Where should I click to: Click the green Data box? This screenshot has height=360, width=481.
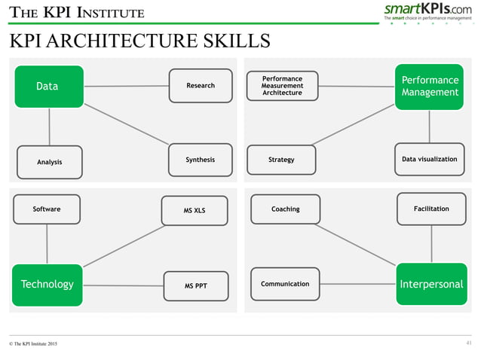[x=48, y=87]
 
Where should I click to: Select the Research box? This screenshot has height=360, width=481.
[x=200, y=86]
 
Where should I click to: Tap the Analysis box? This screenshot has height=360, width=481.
[x=49, y=162]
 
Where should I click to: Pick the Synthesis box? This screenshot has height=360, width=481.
[x=200, y=160]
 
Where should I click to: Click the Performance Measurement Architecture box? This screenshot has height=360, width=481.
[x=283, y=86]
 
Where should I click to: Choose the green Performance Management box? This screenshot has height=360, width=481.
[x=429, y=87]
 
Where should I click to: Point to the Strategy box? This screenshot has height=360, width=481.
[x=281, y=160]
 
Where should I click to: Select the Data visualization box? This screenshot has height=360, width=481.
[x=429, y=160]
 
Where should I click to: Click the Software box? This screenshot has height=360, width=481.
[x=47, y=209]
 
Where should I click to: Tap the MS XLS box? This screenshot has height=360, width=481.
[x=195, y=211]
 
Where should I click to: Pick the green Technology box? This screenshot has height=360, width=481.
[x=47, y=285]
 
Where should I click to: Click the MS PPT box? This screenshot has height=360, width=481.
[x=195, y=286]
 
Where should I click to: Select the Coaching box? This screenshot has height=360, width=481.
[x=285, y=209]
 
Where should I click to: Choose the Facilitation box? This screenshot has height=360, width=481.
[x=431, y=209]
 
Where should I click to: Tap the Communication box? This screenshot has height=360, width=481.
[x=285, y=284]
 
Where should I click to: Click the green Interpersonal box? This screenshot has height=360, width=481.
[x=431, y=285]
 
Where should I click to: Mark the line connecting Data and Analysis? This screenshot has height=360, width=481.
[x=50, y=127]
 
